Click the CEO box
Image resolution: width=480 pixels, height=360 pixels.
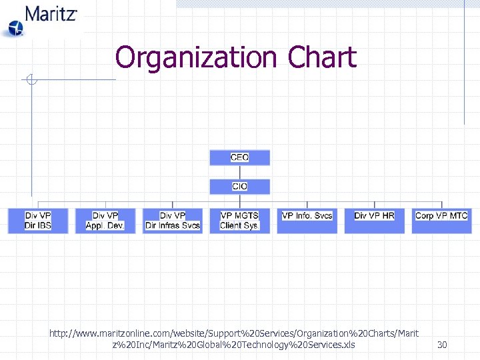(x=239, y=157)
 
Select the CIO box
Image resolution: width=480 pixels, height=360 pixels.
(x=239, y=187)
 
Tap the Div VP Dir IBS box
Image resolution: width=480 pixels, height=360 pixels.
(x=38, y=221)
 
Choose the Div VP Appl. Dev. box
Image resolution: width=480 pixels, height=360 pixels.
(x=105, y=221)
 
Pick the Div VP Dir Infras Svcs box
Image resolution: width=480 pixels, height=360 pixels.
(x=173, y=221)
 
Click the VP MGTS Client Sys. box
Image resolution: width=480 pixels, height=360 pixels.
(x=239, y=221)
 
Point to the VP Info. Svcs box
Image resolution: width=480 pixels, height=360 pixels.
(x=307, y=221)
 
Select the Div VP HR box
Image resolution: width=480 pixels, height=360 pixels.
(x=374, y=221)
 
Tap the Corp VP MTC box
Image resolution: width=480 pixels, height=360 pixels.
(x=441, y=221)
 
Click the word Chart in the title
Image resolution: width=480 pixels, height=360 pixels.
(x=322, y=57)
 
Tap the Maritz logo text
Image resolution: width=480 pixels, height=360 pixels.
(x=51, y=13)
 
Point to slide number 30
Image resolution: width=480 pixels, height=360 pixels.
(x=442, y=345)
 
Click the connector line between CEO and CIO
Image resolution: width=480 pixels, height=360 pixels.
(x=239, y=172)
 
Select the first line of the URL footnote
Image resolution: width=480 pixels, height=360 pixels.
(x=234, y=332)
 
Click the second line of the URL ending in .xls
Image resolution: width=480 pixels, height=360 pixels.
(x=234, y=345)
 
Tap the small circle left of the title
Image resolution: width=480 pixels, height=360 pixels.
(x=30, y=80)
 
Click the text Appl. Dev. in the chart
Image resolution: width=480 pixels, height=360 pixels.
(x=105, y=226)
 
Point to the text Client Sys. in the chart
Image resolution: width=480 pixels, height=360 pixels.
(x=239, y=226)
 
